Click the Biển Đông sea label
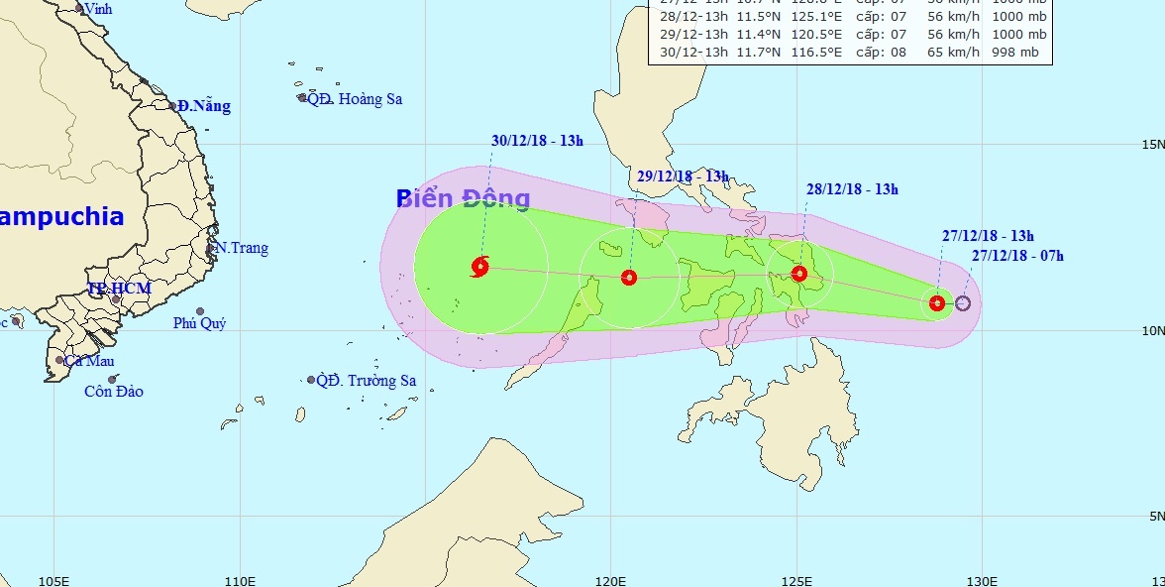coord(464,198)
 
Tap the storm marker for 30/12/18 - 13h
coord(480,266)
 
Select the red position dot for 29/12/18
coord(628,278)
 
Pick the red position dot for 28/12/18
coord(800,274)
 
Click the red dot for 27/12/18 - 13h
coord(937,302)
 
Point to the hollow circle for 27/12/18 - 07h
coord(962,303)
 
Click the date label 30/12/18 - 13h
coord(537,141)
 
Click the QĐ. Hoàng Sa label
coord(354,99)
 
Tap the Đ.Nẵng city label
coord(204,106)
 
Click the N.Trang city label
coord(242,248)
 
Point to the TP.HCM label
coord(119,289)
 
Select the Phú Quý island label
coord(199,323)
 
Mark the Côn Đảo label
coord(113,392)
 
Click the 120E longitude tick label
coord(611,580)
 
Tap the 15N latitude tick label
coord(1151,145)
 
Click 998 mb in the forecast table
coord(1014,53)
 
